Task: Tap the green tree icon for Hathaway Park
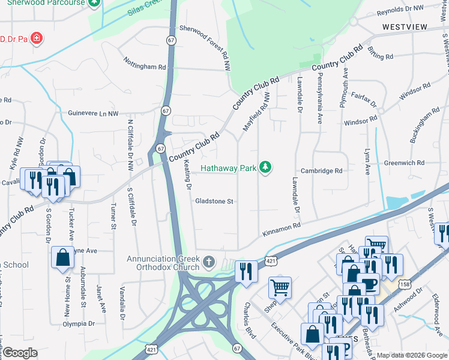(265, 167)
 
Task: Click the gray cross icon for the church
(209, 262)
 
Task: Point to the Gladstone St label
(214, 202)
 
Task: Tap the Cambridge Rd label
(321, 171)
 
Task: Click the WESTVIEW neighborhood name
(405, 28)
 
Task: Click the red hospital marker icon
(37, 39)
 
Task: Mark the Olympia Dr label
(79, 324)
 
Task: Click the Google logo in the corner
(20, 353)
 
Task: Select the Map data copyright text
(411, 355)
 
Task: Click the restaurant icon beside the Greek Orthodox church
(246, 271)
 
